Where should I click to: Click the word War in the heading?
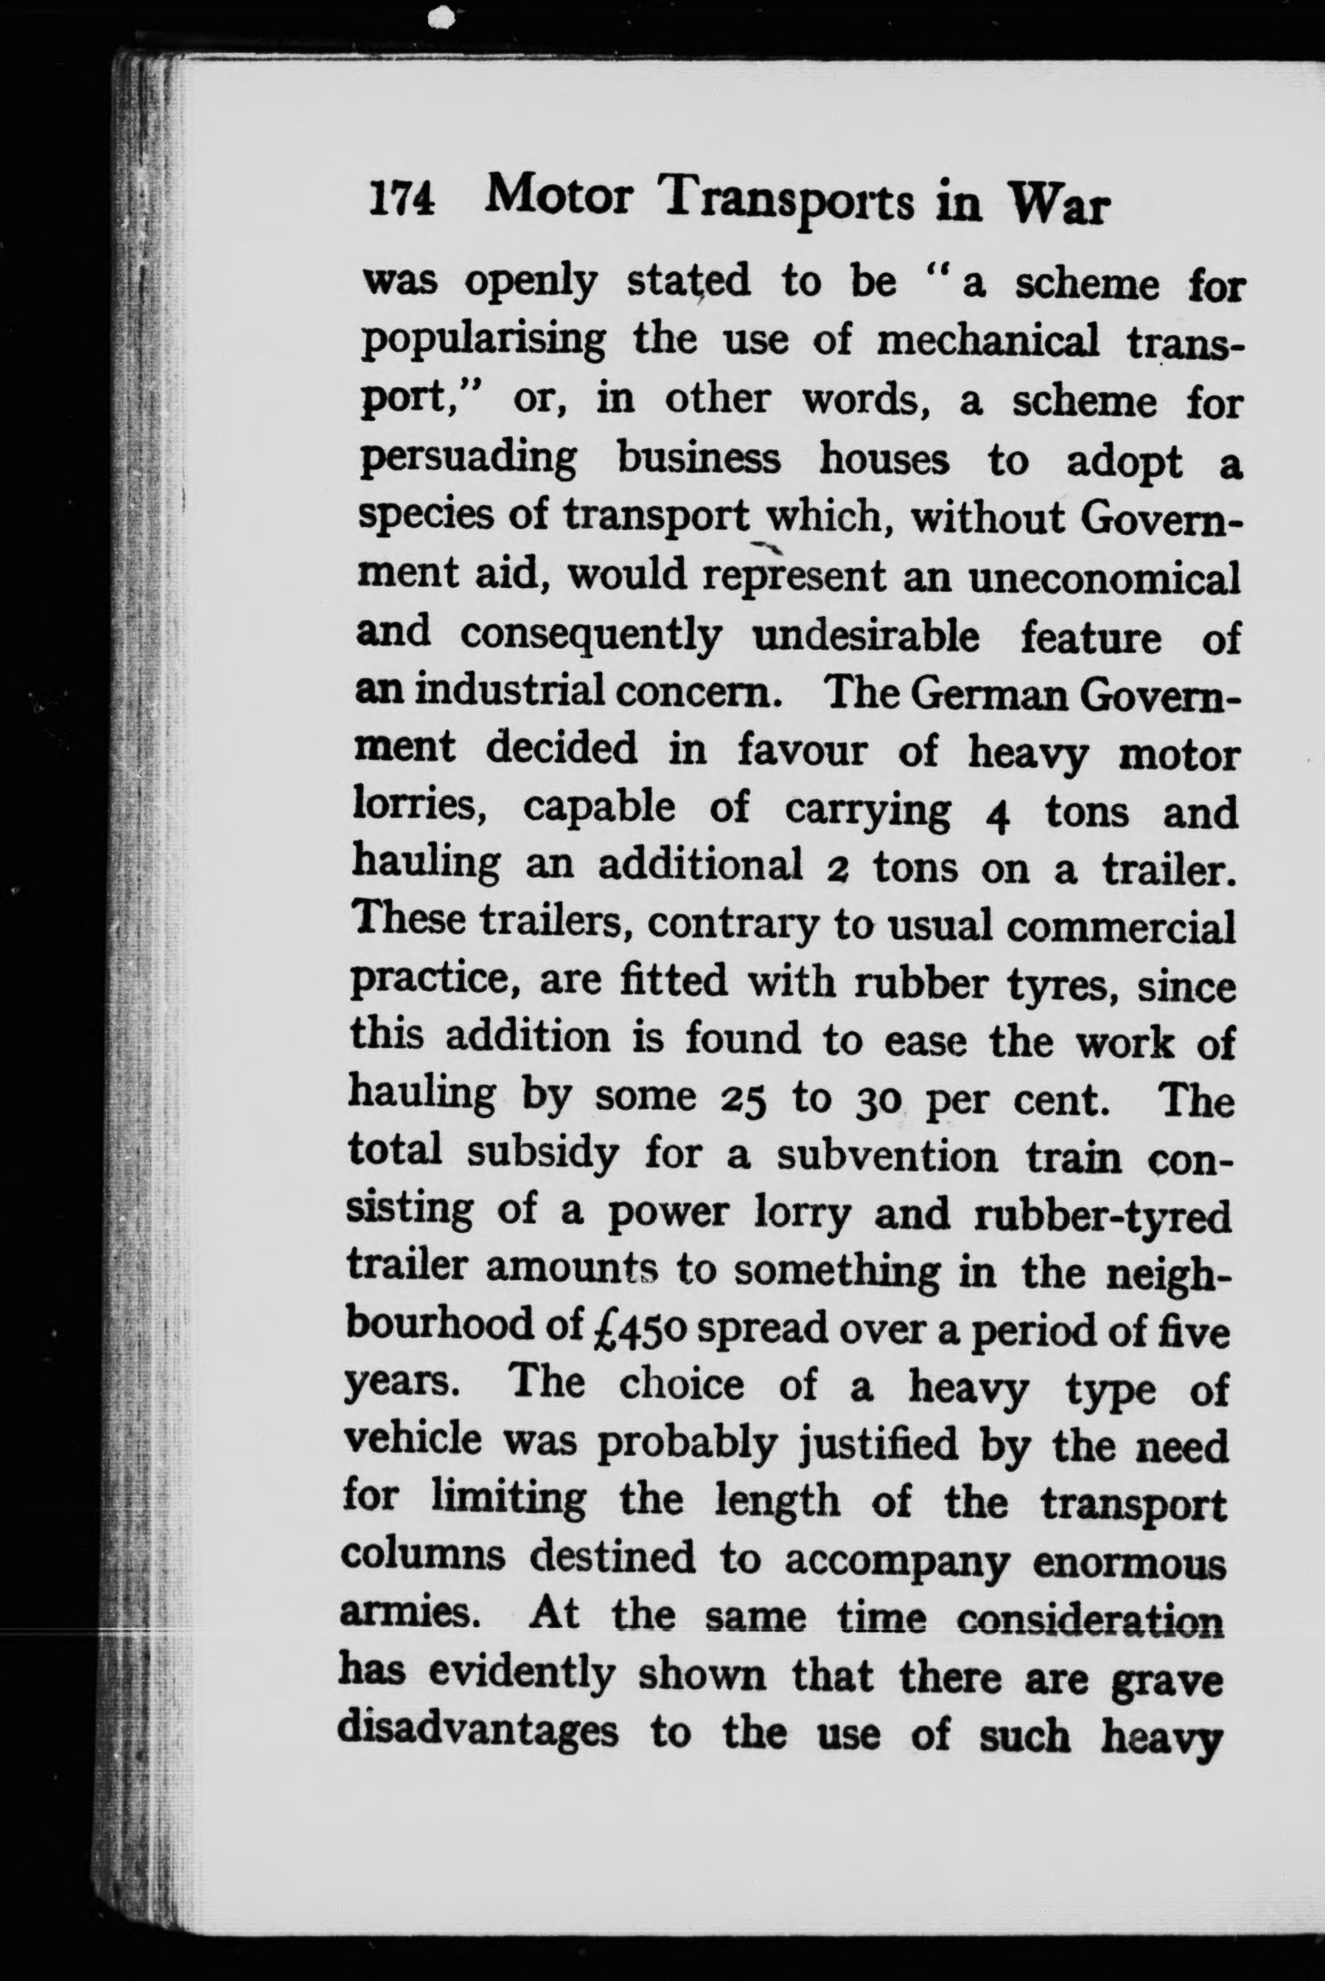pos(1060,206)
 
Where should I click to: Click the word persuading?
pos(468,461)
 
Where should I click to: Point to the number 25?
pos(744,1099)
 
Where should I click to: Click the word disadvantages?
pos(478,1733)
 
